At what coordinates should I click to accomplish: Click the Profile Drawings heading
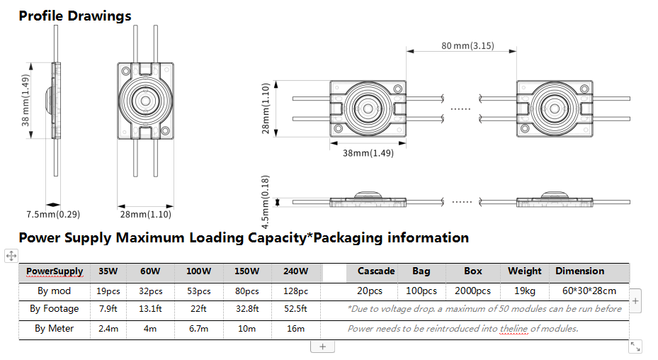75,16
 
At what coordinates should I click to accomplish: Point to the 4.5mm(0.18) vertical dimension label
266,202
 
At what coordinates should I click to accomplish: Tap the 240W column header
295,271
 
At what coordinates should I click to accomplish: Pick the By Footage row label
55,309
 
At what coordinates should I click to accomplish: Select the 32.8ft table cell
247,309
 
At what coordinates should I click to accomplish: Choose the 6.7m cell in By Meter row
199,328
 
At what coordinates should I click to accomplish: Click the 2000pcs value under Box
472,291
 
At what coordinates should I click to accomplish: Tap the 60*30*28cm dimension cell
589,291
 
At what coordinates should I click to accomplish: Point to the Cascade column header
375,271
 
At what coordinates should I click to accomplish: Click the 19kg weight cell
524,291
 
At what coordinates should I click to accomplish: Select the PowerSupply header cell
55,271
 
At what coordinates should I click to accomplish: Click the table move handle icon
11,255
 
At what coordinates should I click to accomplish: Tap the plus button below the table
322,347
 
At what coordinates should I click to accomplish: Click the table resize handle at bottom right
635,346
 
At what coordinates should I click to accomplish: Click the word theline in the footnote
515,328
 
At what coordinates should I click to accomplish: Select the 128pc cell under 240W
295,291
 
